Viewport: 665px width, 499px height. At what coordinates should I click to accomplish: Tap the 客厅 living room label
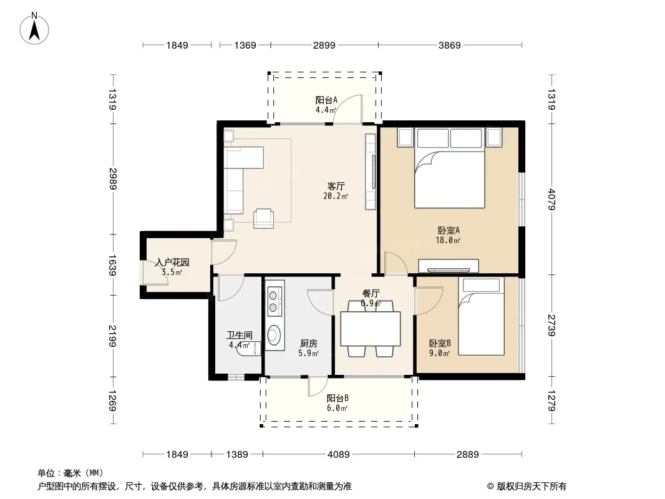click(336, 186)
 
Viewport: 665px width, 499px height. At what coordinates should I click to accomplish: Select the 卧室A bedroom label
click(449, 231)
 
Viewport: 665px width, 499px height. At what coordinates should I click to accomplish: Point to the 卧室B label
click(440, 343)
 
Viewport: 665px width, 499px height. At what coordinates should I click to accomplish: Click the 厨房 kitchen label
click(308, 344)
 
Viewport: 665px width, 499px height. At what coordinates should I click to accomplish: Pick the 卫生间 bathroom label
click(240, 336)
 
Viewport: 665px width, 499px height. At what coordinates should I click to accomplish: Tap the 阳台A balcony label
click(326, 100)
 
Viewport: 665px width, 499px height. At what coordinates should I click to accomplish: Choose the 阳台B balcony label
click(337, 399)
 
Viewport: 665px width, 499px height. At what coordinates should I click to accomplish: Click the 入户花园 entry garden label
click(172, 263)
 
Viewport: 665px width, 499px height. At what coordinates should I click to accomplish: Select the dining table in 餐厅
click(371, 329)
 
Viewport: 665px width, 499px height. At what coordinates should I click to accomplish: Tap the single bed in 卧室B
click(482, 316)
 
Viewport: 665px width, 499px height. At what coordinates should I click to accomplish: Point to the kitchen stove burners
click(274, 301)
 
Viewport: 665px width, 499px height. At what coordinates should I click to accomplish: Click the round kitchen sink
click(274, 334)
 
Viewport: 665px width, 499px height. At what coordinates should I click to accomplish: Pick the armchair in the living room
click(264, 218)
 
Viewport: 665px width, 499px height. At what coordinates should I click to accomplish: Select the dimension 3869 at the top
click(450, 45)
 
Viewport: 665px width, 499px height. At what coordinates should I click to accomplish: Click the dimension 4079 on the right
click(551, 199)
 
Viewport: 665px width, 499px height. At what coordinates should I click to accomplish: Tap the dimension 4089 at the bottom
click(339, 455)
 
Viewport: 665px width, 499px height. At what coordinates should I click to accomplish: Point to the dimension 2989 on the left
click(113, 178)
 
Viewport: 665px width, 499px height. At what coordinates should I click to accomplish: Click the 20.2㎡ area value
click(336, 196)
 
